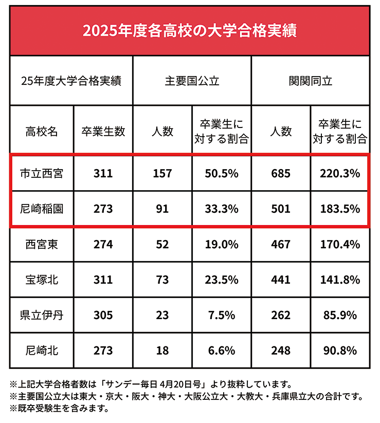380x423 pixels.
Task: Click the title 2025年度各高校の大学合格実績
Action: [x=190, y=30]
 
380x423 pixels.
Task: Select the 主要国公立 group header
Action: [x=192, y=81]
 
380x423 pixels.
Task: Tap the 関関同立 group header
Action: [x=310, y=81]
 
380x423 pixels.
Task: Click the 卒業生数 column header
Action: [x=103, y=132]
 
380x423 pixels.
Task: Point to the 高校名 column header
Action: [x=42, y=132]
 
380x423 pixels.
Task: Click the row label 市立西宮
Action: [x=42, y=174]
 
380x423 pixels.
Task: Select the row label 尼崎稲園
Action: [x=42, y=209]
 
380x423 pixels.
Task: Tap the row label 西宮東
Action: [x=42, y=244]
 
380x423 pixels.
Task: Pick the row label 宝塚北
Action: [x=42, y=280]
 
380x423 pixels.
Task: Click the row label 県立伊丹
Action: [x=42, y=315]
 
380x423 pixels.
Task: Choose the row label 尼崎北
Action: [x=42, y=351]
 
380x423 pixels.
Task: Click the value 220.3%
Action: [x=339, y=174]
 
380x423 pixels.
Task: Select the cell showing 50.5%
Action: [x=222, y=174]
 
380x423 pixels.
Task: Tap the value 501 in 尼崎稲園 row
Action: [x=281, y=209]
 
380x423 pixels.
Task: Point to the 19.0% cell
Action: [x=222, y=244]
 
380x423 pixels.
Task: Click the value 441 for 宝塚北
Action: [x=281, y=280]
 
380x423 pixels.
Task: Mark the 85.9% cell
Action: [x=339, y=315]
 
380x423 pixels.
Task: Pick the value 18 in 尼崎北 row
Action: [x=162, y=351]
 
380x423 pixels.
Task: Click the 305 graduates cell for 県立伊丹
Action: [x=103, y=315]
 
